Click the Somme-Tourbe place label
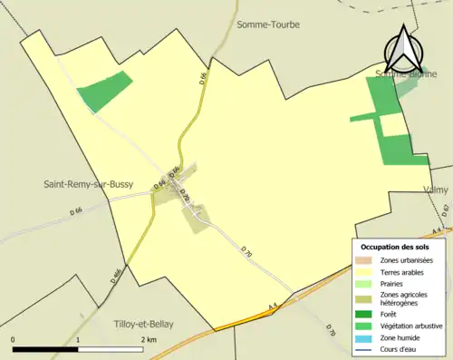point(267,24)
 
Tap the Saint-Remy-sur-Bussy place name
point(89,184)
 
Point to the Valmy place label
point(436,190)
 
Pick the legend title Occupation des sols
point(395,247)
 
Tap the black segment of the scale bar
point(45,349)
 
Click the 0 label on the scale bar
point(13,339)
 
